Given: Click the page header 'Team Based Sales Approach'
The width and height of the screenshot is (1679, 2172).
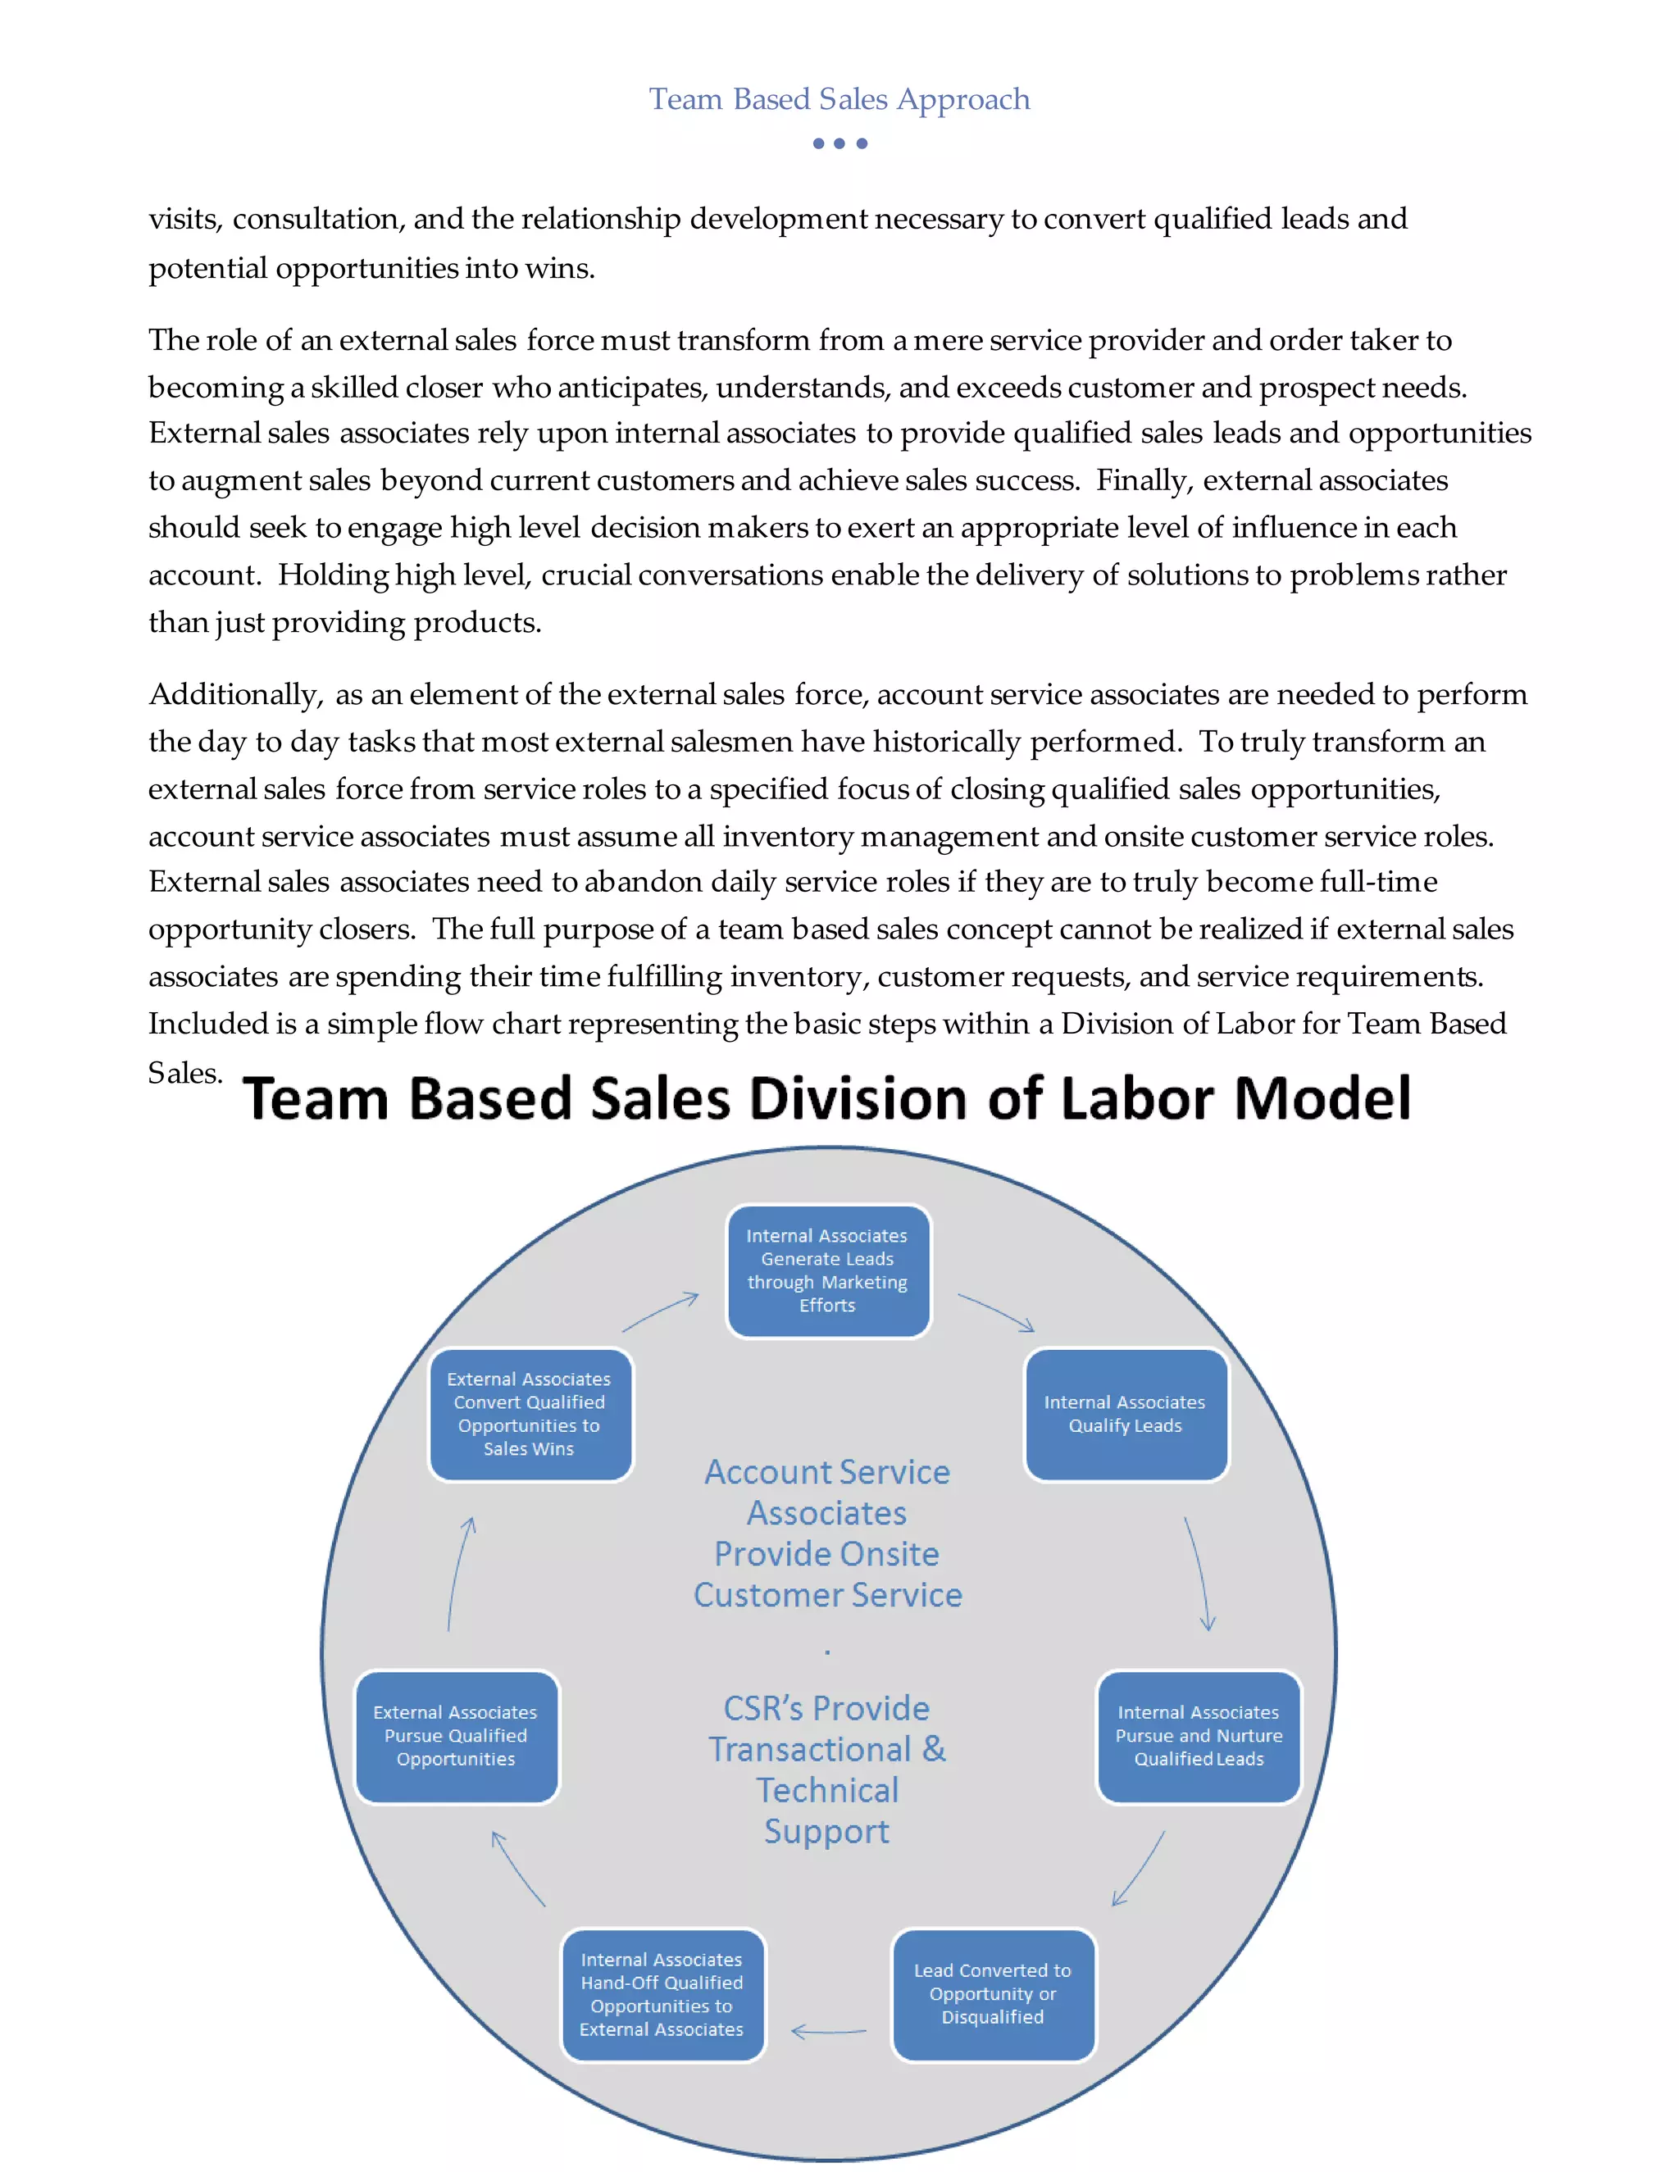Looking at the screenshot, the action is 839,99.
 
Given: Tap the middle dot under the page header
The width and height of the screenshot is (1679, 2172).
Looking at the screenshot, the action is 839,143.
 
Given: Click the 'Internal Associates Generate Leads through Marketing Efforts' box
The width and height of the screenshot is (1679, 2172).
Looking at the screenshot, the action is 827,1271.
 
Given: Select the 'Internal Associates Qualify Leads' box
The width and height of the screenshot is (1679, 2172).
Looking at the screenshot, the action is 1125,1413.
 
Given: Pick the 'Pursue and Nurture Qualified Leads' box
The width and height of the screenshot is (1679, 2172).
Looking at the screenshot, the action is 1199,1735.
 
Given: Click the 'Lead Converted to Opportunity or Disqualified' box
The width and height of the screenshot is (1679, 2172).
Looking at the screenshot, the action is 993,1993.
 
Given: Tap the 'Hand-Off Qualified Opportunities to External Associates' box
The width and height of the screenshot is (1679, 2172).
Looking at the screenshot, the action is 662,1993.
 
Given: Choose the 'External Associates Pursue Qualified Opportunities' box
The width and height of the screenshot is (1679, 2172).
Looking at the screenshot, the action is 456,1735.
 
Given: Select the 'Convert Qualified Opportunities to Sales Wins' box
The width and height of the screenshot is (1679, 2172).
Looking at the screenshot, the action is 529,1413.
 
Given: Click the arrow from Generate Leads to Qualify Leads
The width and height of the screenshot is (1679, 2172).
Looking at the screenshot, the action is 995,1311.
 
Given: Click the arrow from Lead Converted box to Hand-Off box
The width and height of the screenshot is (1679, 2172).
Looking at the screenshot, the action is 829,2031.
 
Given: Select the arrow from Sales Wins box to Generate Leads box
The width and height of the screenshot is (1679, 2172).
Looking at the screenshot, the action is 661,1311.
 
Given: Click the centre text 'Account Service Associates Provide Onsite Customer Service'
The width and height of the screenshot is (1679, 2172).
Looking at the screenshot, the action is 827,1533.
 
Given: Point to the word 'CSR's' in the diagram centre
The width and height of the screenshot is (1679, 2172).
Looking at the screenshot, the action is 762,1707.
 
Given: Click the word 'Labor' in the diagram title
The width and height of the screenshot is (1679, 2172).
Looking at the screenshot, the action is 1135,1099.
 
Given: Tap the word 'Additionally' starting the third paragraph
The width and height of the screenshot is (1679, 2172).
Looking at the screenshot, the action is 234,694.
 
